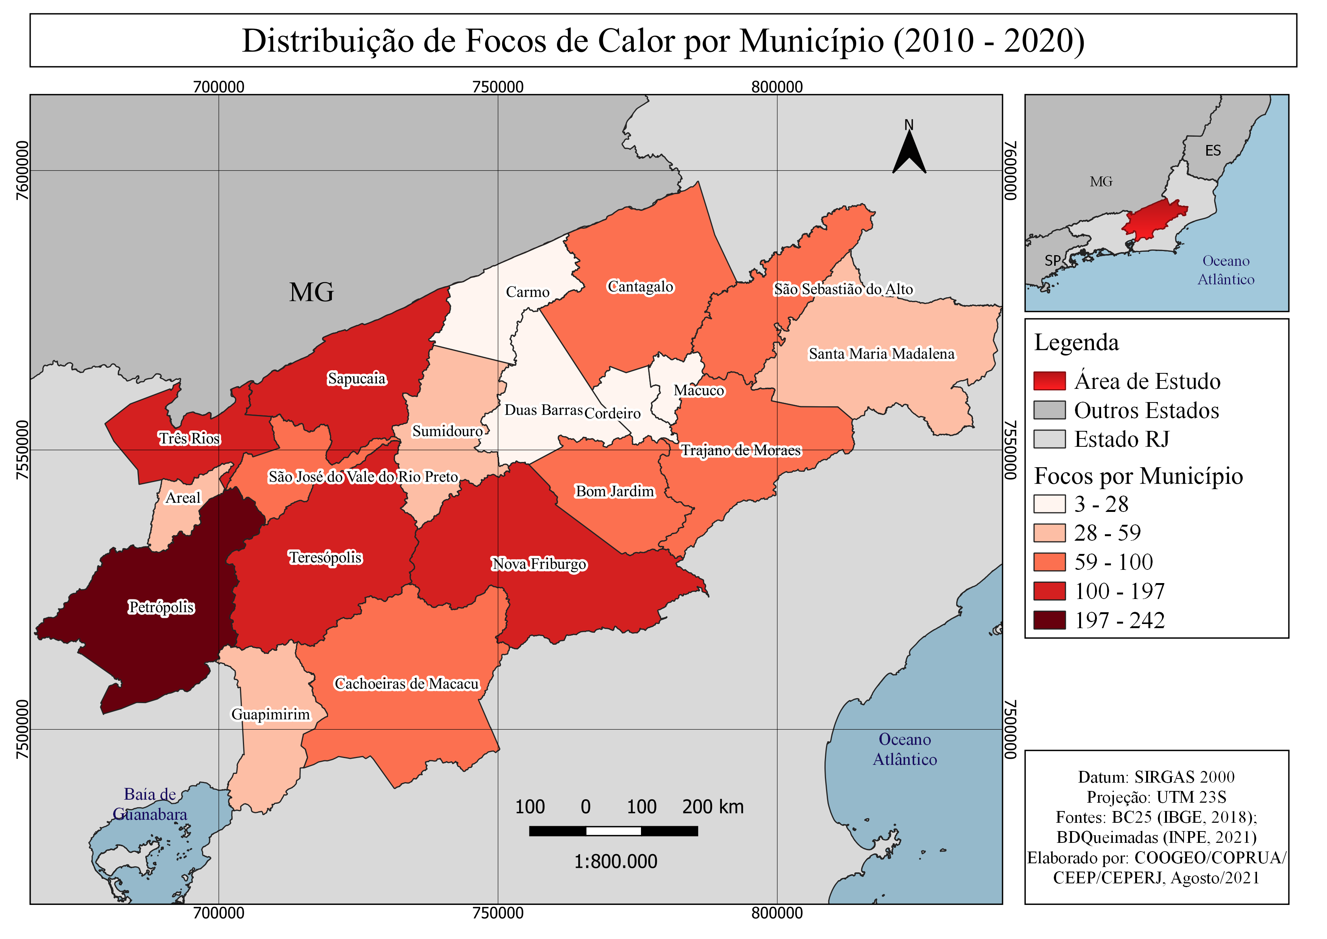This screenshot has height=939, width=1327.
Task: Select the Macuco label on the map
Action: (699, 390)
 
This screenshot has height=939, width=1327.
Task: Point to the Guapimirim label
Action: (271, 714)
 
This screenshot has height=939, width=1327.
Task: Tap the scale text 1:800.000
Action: (616, 861)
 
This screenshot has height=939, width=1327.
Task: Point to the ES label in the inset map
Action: (1213, 151)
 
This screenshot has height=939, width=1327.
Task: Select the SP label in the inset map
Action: (1052, 261)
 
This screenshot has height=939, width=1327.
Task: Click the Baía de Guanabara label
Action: (150, 804)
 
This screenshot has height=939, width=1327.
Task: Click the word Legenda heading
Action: (1076, 342)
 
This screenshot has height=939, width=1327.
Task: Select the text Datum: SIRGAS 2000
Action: (1156, 777)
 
